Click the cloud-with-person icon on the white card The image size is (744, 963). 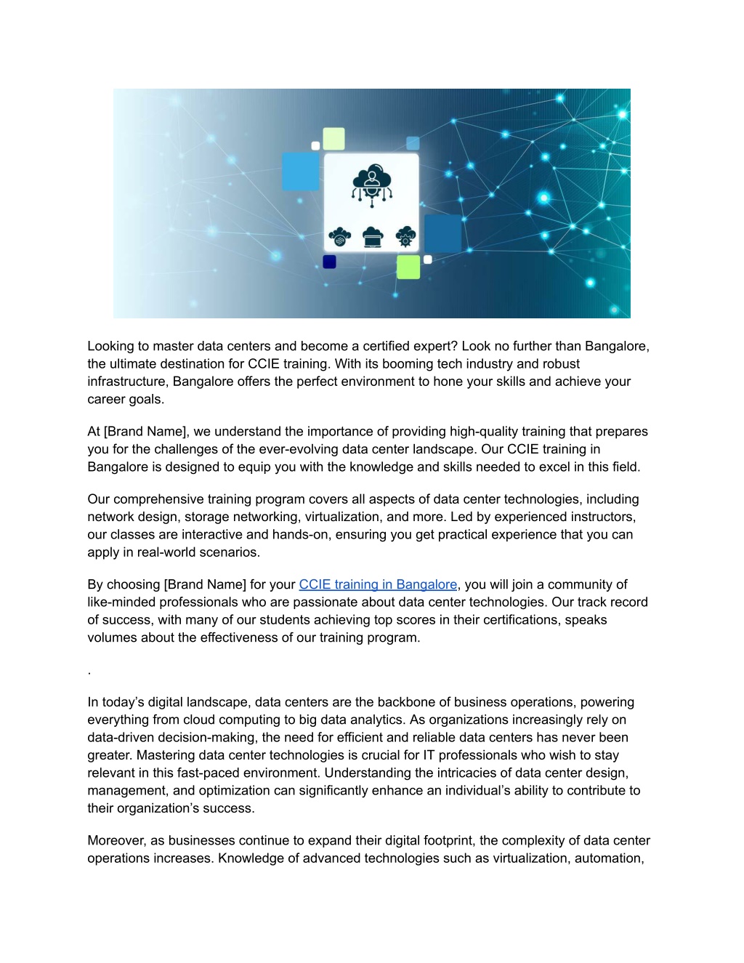point(371,183)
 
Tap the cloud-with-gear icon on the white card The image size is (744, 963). point(405,236)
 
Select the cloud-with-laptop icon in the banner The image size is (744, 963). point(372,236)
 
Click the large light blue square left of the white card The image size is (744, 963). point(300,172)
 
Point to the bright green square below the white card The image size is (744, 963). point(408,267)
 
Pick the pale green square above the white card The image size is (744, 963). point(333,138)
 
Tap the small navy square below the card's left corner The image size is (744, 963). point(329,262)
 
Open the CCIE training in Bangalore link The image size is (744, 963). point(378,584)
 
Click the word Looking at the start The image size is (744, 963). point(112,346)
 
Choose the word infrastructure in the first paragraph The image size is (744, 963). point(126,382)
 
